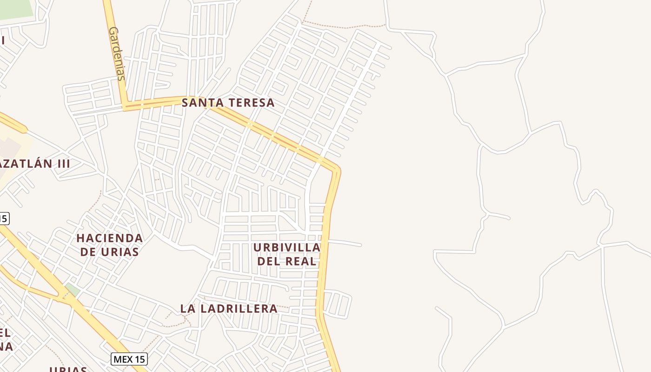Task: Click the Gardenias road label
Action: [x=116, y=53]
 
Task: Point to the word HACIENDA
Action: [x=110, y=238]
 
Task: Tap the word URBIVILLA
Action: [x=287, y=247]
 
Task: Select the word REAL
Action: [x=301, y=261]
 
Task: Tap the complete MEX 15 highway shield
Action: [x=129, y=359]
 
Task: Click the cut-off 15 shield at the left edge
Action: [x=4, y=218]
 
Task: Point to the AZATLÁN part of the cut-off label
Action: [x=26, y=164]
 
